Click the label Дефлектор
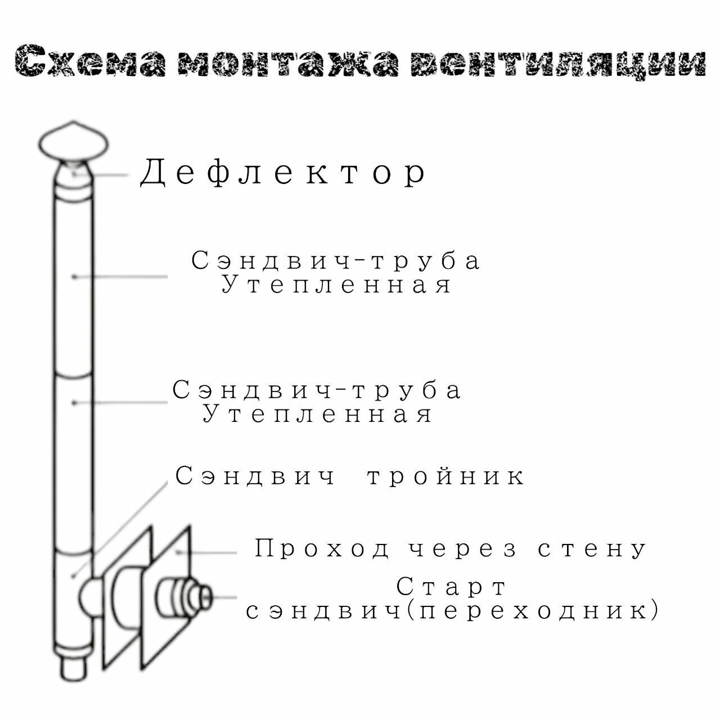(283, 173)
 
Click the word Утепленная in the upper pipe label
(336, 285)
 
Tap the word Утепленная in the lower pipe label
(318, 415)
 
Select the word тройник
(446, 476)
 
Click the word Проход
(322, 548)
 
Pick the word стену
(592, 548)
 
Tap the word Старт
(452, 587)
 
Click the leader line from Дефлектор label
(110, 175)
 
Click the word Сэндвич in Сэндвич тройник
(256, 476)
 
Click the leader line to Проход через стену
(208, 552)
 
